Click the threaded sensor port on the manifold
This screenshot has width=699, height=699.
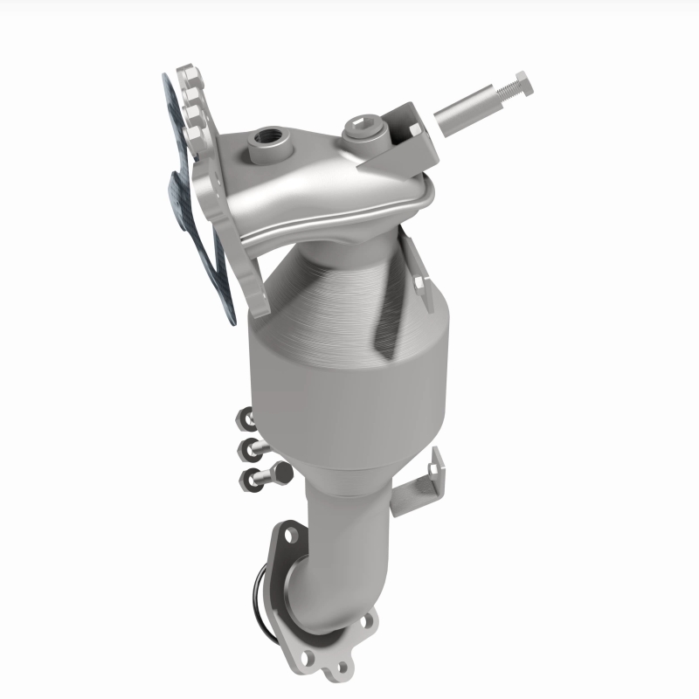(x=263, y=138)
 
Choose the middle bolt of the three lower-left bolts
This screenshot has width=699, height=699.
(x=253, y=449)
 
